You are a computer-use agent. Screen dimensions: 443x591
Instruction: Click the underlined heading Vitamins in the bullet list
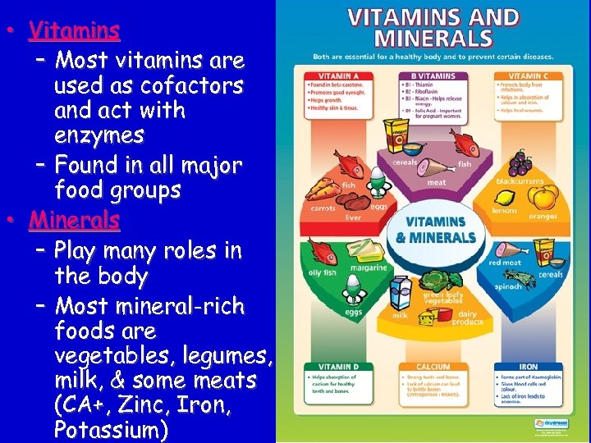pyautogui.click(x=74, y=31)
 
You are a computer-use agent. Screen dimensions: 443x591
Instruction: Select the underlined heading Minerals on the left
pyautogui.click(x=74, y=220)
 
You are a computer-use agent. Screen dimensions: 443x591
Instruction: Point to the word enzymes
pyautogui.click(x=98, y=135)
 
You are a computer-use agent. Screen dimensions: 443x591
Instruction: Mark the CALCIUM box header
pyautogui.click(x=433, y=368)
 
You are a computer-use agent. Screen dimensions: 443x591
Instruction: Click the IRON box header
pyautogui.click(x=529, y=368)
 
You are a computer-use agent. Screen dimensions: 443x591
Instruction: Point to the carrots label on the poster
pyautogui.click(x=323, y=208)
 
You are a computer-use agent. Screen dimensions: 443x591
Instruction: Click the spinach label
pyautogui.click(x=507, y=287)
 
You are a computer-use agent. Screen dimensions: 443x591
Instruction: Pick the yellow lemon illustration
pyautogui.click(x=506, y=198)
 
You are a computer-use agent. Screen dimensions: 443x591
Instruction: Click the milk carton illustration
pyautogui.click(x=401, y=291)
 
